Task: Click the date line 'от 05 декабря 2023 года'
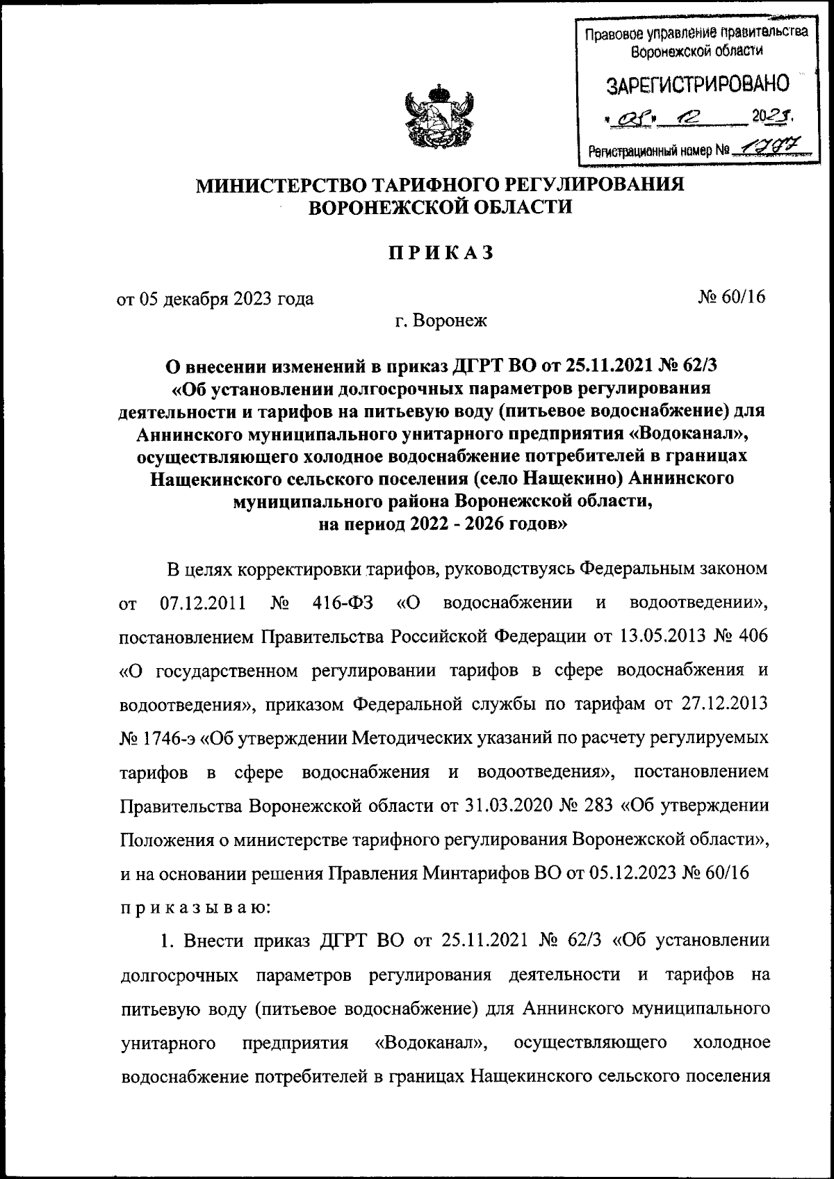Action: pos(215,299)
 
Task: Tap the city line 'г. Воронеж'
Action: pos(441,320)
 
